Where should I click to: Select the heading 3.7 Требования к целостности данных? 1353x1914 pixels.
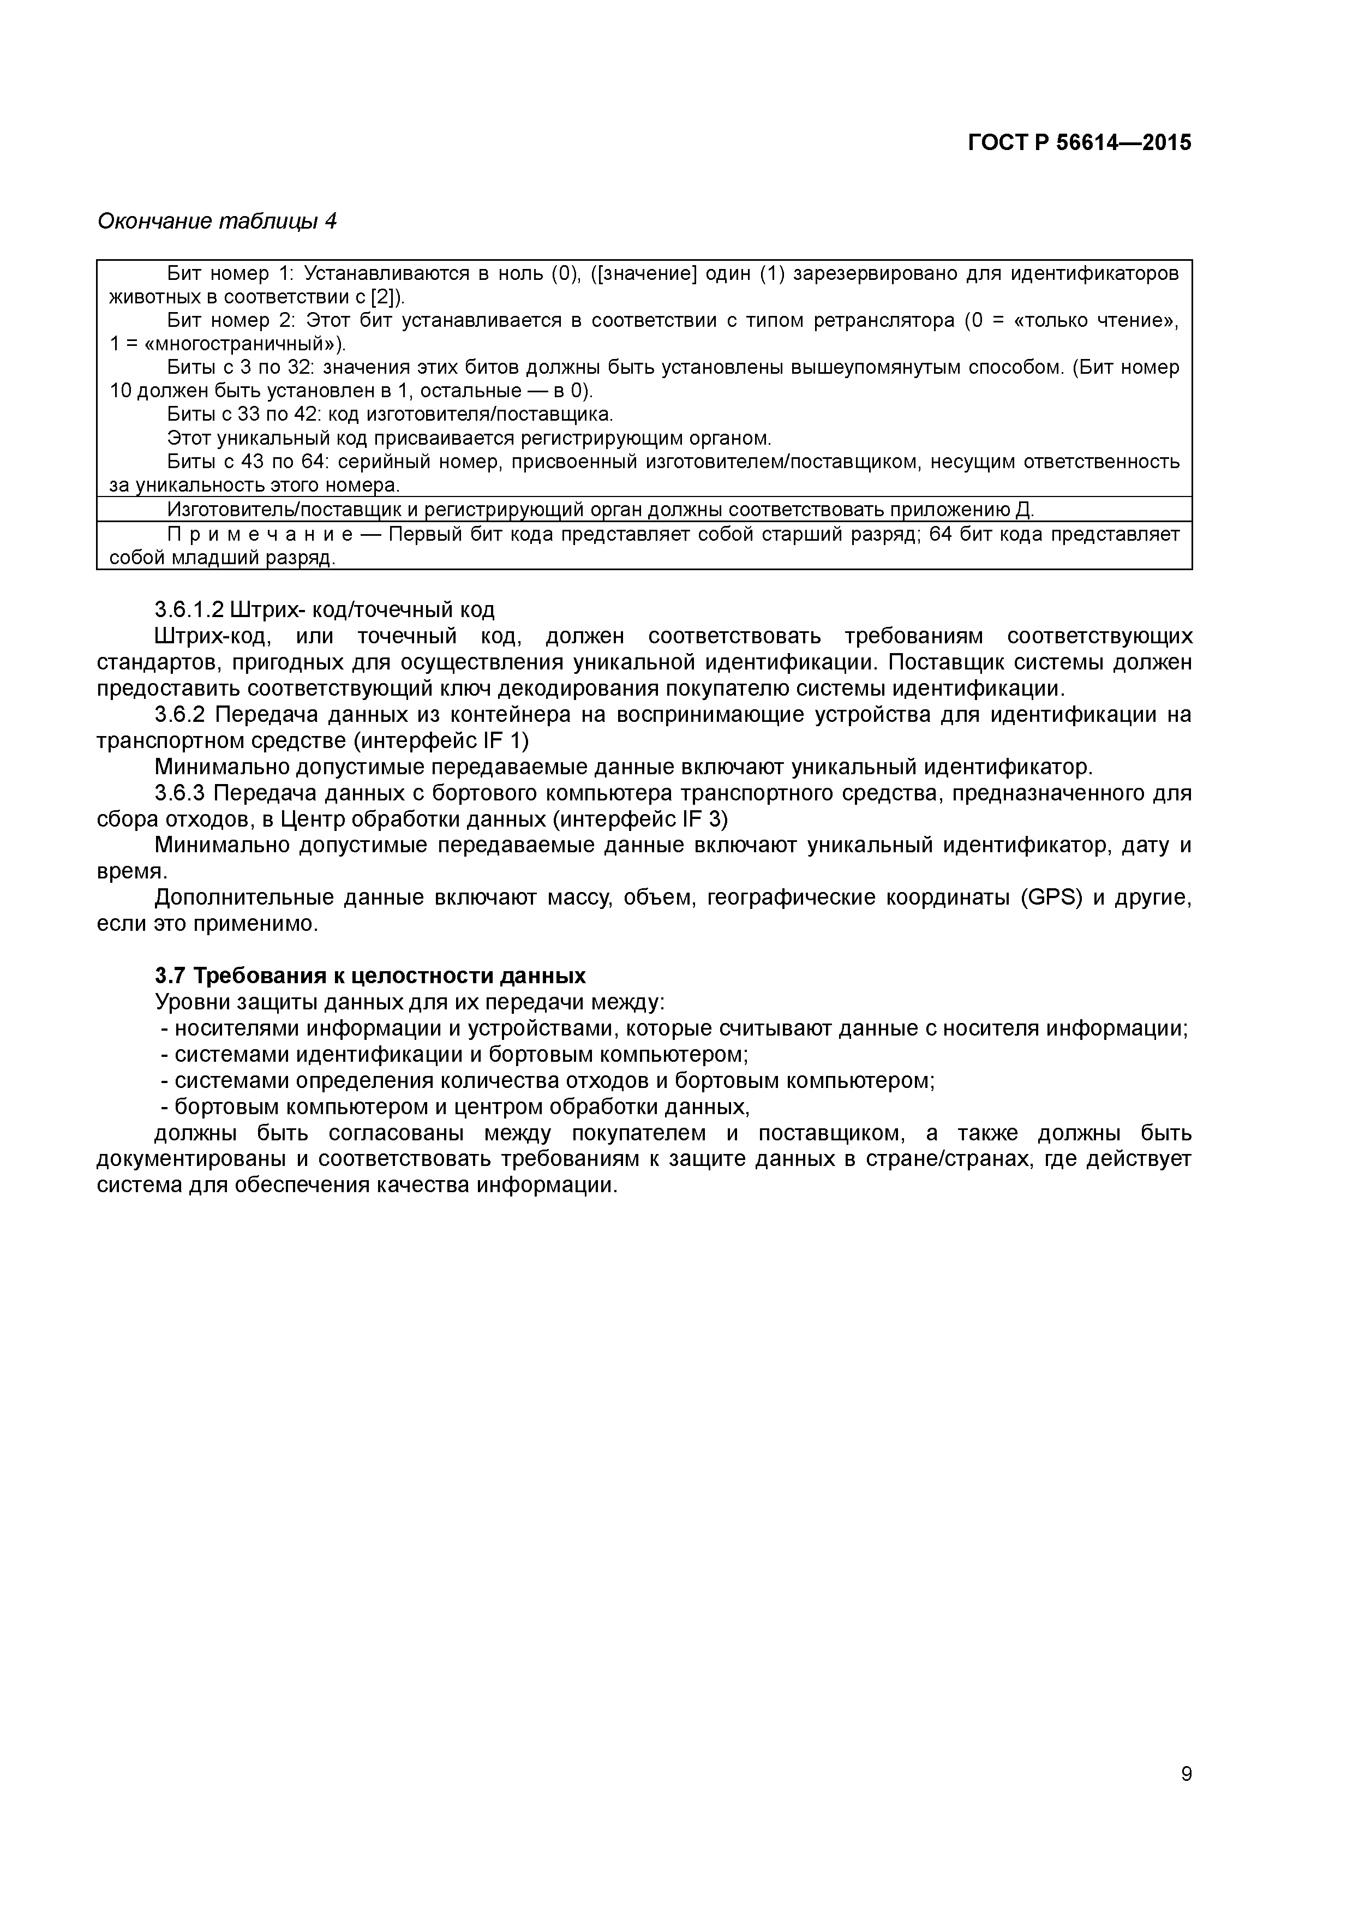coord(370,976)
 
